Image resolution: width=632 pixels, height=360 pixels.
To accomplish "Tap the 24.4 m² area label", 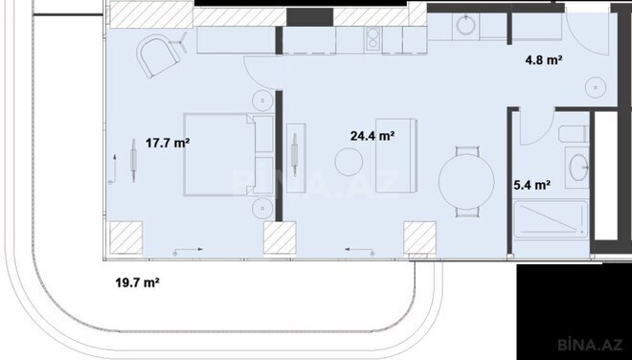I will tap(373, 136).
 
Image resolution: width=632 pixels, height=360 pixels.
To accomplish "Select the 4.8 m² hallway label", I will tap(543, 59).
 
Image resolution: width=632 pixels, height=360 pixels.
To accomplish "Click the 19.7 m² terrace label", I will tap(137, 283).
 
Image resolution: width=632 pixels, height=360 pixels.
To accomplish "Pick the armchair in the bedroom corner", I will tap(158, 58).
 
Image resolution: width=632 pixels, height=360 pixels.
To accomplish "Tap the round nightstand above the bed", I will tap(262, 99).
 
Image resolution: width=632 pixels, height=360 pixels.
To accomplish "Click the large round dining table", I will tap(466, 181).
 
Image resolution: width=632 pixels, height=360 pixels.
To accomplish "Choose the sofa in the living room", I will tap(395, 154).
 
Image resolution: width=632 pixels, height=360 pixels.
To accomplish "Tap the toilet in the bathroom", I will tap(572, 133).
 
